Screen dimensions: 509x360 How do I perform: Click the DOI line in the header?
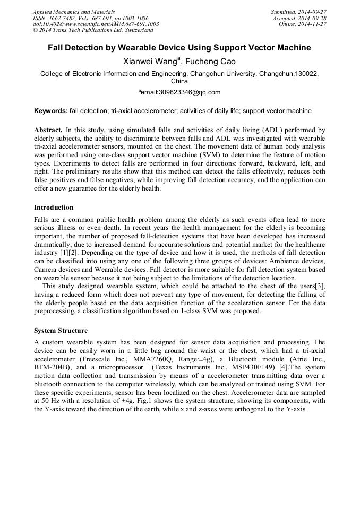point(96,24)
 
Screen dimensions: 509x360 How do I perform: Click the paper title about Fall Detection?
point(179,48)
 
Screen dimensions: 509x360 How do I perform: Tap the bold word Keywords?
point(50,111)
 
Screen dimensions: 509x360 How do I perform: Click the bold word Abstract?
point(48,130)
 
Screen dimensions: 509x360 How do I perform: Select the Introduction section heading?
point(54,208)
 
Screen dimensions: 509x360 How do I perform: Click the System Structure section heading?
point(61,331)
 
